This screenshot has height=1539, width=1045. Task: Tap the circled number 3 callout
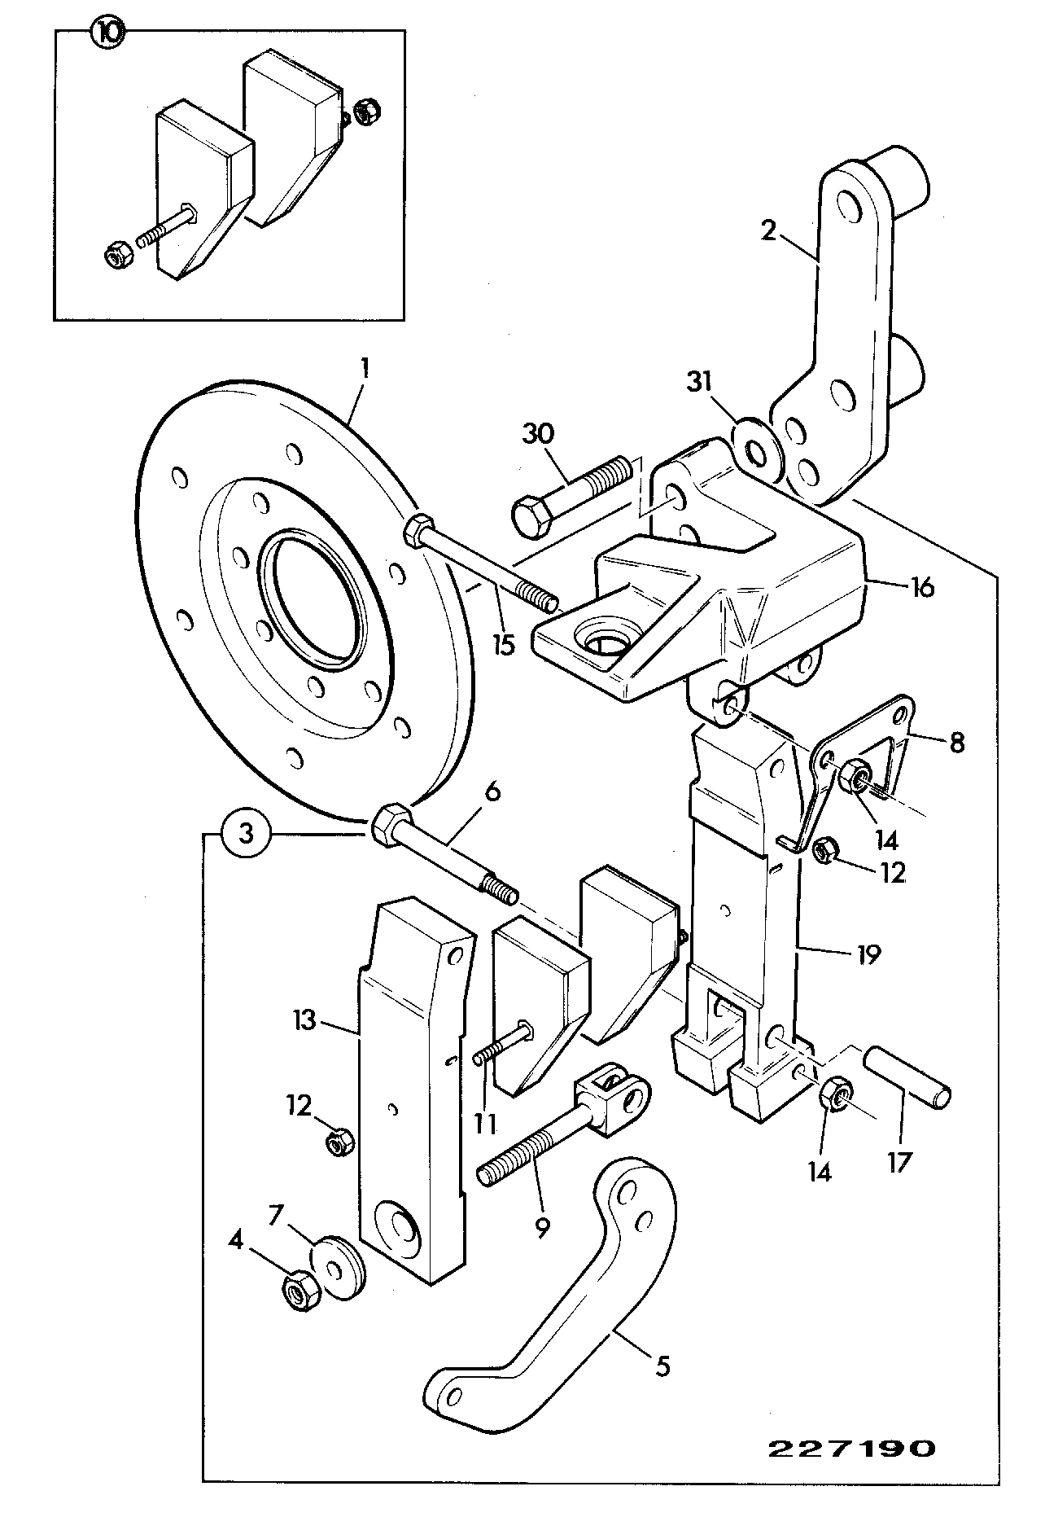point(246,833)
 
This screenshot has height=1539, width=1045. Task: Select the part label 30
point(538,433)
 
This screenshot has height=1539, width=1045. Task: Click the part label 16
point(923,586)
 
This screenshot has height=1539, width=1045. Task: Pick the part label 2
point(768,230)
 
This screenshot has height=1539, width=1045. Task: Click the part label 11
point(486,1124)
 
